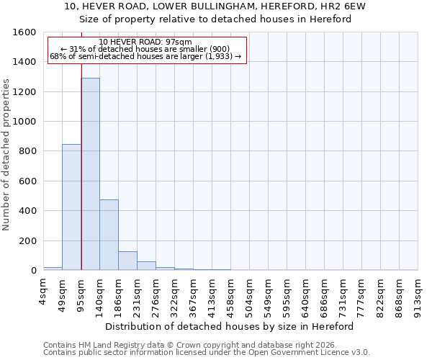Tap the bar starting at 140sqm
click(x=109, y=235)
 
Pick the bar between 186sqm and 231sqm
click(x=127, y=261)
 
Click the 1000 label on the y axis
click(x=25, y=122)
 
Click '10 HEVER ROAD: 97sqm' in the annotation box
click(x=145, y=42)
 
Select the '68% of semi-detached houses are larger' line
click(x=145, y=56)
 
